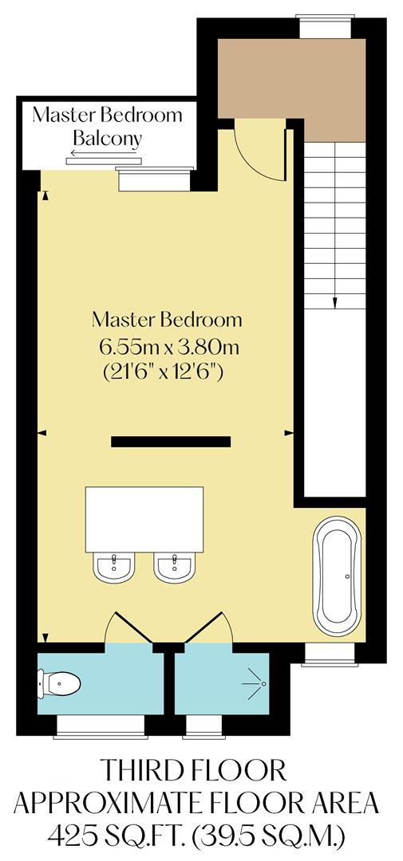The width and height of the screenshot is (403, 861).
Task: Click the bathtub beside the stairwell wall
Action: pyautogui.click(x=338, y=576)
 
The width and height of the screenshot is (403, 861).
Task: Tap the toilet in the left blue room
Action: pyautogui.click(x=61, y=683)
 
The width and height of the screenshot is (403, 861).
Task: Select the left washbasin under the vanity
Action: pyautogui.click(x=114, y=567)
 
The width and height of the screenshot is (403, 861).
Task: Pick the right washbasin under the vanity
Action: pyautogui.click(x=175, y=567)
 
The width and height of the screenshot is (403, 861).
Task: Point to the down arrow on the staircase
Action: pyautogui.click(x=335, y=301)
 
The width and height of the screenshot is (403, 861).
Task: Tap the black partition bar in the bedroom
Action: pyautogui.click(x=171, y=442)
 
